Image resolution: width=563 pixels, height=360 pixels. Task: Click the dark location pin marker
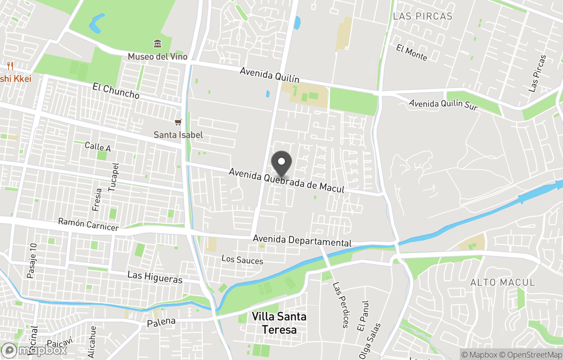click(282, 163)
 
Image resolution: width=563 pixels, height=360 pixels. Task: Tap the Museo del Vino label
click(157, 56)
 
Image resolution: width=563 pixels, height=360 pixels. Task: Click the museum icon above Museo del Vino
click(157, 44)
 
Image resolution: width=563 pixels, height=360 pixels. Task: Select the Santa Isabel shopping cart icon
click(178, 123)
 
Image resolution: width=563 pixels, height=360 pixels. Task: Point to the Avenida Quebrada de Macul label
click(286, 181)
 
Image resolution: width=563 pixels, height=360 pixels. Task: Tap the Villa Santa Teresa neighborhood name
click(279, 323)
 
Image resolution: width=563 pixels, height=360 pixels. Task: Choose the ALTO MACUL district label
click(503, 282)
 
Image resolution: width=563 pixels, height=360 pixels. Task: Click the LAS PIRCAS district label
click(423, 16)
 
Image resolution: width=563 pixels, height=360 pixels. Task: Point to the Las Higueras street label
click(155, 277)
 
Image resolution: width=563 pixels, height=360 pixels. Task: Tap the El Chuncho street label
click(116, 91)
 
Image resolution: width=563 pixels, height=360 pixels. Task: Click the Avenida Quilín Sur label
click(443, 104)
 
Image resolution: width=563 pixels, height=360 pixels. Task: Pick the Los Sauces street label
click(242, 260)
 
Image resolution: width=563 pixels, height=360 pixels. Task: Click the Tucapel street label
click(114, 177)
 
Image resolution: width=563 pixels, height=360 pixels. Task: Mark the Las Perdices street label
click(340, 305)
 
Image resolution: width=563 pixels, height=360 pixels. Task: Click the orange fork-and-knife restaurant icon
click(10, 66)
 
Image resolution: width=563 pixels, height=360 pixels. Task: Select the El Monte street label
click(411, 52)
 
